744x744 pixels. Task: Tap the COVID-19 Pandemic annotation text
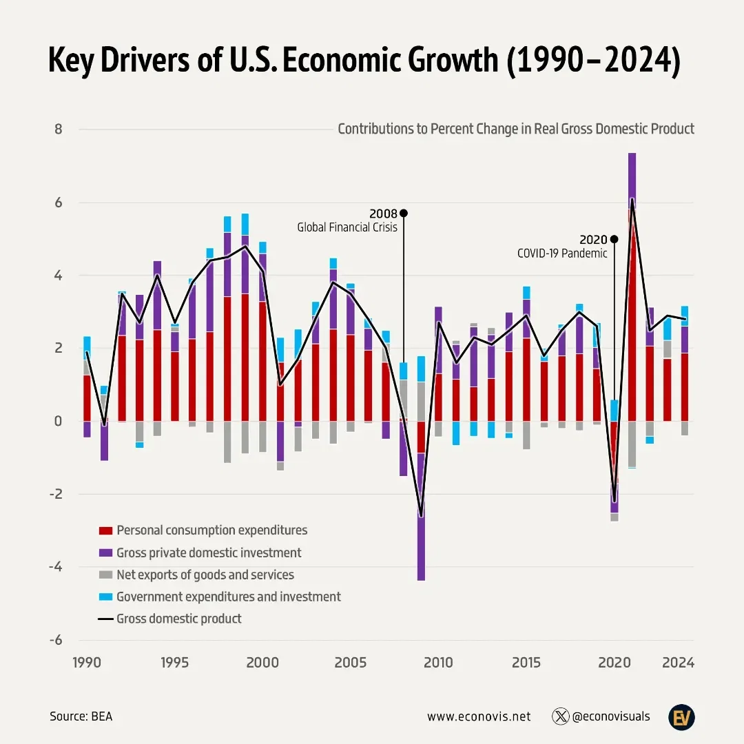pos(562,253)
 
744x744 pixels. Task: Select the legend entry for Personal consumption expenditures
pos(211,530)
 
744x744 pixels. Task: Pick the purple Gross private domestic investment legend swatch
pos(105,553)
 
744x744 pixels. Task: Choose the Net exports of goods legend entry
pos(205,575)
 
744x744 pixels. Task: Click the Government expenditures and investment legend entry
pos(228,597)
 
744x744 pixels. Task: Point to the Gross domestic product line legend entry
pos(178,619)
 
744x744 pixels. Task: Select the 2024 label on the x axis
pos(678,663)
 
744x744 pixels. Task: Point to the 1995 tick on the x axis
pos(174,663)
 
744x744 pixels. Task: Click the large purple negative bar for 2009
pos(421,524)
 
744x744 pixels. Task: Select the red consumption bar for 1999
pos(245,358)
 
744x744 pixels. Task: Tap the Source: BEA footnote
pos(81,716)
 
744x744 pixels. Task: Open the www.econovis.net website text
pos(479,716)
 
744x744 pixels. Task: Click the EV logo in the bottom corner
pos(681,716)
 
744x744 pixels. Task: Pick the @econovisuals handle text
pos(610,716)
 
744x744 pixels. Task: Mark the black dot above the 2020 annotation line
pos(614,239)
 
